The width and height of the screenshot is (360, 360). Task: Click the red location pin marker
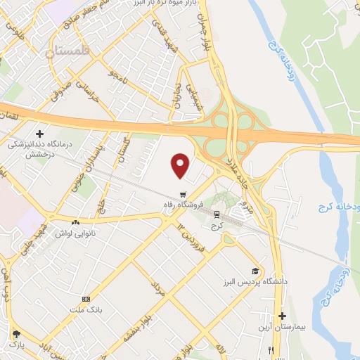click(181, 165)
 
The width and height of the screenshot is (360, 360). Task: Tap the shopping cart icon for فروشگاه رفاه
click(183, 195)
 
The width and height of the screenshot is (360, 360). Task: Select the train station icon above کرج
click(217, 215)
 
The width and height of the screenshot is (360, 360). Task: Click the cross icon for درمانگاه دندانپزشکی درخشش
click(39, 134)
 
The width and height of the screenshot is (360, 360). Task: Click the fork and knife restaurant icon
click(278, 351)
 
